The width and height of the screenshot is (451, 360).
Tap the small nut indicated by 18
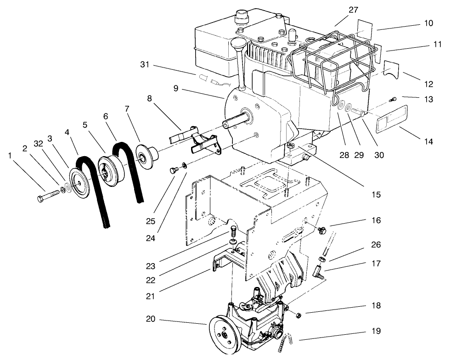(x=297, y=315)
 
